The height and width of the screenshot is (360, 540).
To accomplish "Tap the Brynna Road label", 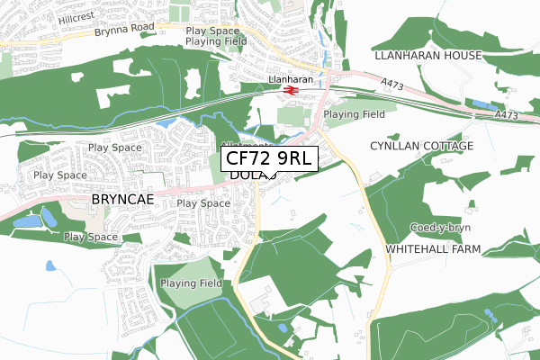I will click(124, 31).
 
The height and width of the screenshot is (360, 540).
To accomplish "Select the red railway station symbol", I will click(291, 90).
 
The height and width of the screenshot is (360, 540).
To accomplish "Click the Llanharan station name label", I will click(290, 79).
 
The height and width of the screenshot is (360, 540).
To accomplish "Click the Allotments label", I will click(247, 145).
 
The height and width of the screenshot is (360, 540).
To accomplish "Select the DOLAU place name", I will click(241, 175).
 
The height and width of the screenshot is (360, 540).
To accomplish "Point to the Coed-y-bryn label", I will click(440, 227).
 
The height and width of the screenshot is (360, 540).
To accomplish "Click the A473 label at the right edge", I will click(508, 116).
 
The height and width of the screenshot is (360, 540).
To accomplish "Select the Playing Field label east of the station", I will click(355, 114).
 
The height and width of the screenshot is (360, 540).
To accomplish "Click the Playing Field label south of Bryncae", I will click(192, 283).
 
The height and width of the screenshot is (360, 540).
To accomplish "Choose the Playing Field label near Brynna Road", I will click(216, 41).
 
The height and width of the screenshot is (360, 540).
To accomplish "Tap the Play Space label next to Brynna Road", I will click(212, 31).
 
